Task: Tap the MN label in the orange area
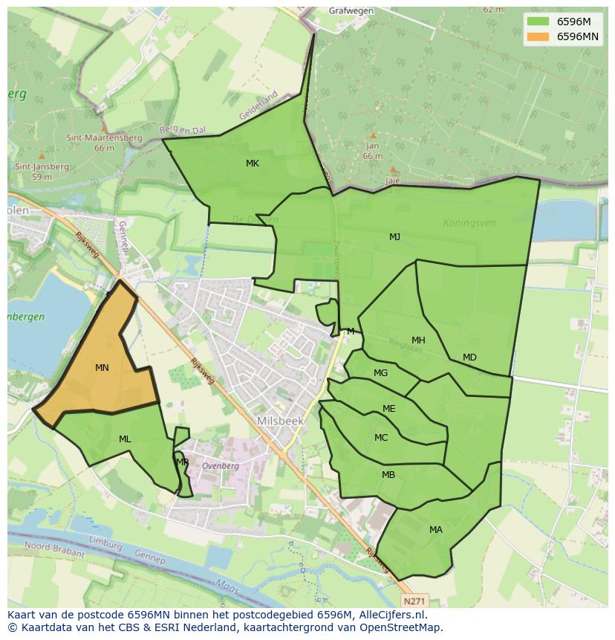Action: click(102, 368)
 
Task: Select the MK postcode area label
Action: click(253, 164)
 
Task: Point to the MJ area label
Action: click(394, 237)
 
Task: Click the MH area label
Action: click(418, 340)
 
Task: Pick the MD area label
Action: click(469, 358)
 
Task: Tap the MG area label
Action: click(380, 373)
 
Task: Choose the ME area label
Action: click(388, 409)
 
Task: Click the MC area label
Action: click(381, 438)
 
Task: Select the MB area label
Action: click(388, 475)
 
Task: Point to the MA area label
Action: click(435, 530)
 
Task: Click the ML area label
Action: click(125, 439)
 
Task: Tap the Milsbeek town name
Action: click(280, 421)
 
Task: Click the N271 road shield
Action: click(416, 599)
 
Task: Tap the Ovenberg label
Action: click(220, 466)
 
